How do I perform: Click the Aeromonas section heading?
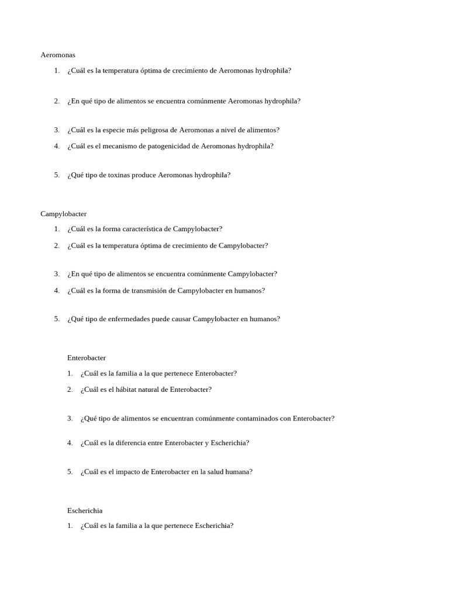pyautogui.click(x=58, y=55)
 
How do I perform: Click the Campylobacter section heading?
pyautogui.click(x=63, y=214)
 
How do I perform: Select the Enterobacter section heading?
pyautogui.click(x=87, y=357)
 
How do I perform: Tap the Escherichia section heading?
pyautogui.click(x=85, y=510)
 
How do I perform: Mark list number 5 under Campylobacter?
pyautogui.click(x=57, y=319)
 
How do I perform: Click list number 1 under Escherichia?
pyautogui.click(x=70, y=526)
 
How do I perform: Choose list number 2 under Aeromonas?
pyautogui.click(x=57, y=101)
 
